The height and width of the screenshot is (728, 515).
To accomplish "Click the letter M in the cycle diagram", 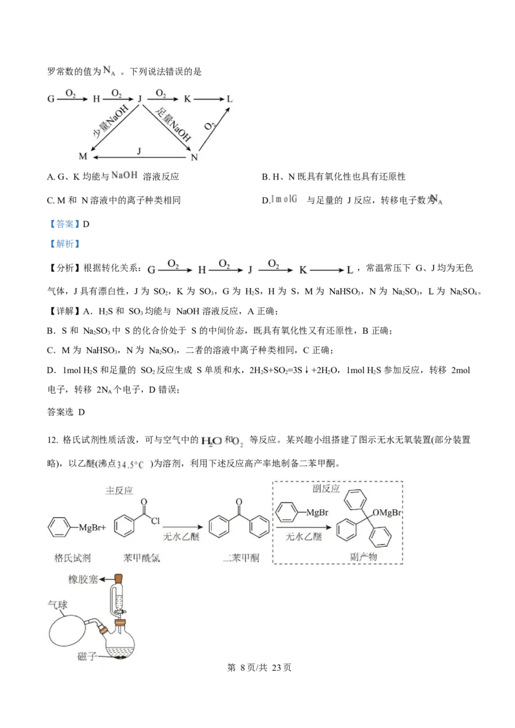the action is pos(82,156).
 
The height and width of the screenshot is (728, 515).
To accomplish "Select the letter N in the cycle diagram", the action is pos(194,156).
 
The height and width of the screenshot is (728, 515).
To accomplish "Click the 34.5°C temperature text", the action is pos(131,464).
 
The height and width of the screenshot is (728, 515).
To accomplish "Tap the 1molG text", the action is pos(285,199).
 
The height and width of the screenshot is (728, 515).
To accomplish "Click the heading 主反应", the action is pos(119,490).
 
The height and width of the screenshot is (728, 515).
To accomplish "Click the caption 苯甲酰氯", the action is pos(141,557).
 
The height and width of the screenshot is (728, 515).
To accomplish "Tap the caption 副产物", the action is pos(364,557).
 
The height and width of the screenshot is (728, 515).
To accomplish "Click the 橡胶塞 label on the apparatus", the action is pos(82,579).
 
